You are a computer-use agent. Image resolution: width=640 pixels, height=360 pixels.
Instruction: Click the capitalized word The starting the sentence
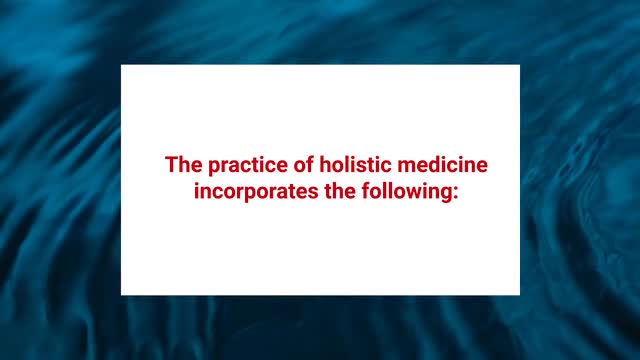pyautogui.click(x=183, y=164)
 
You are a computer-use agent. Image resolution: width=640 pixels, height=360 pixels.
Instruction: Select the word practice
pyautogui.click(x=243, y=164)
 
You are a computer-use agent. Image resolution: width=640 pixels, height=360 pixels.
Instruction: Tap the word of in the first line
pyautogui.click(x=299, y=164)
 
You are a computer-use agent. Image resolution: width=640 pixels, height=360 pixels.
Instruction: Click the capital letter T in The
pyautogui.click(x=171, y=164)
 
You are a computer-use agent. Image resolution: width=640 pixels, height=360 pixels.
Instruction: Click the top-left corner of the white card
pyautogui.click(x=122, y=65)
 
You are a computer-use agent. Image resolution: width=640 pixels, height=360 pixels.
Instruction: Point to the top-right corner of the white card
pyautogui.click(x=519, y=65)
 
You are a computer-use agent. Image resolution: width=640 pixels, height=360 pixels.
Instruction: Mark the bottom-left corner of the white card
pyautogui.click(x=122, y=294)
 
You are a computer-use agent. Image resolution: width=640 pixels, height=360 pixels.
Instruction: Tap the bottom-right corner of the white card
pyautogui.click(x=519, y=294)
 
